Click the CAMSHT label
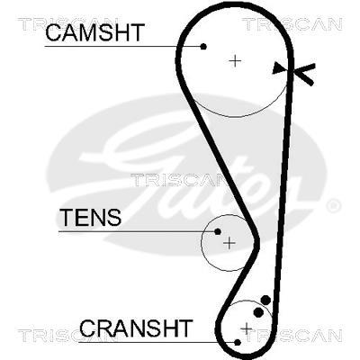[x=95, y=32]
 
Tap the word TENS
[x=91, y=217]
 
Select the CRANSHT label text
[x=136, y=328]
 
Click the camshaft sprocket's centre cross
[x=235, y=61]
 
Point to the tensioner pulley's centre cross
[x=229, y=243]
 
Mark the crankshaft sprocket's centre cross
[x=247, y=328]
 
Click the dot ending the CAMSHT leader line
[x=203, y=46]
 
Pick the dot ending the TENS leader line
[x=218, y=231]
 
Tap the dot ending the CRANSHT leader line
[x=238, y=342]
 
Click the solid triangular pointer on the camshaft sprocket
[x=277, y=68]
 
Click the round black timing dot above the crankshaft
[x=265, y=300]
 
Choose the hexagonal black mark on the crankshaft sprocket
[x=258, y=312]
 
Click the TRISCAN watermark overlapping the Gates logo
[x=177, y=180]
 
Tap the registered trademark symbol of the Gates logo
[x=333, y=206]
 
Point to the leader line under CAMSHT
[x=122, y=47]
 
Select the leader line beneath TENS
[x=137, y=231]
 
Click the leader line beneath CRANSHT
[x=157, y=342]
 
